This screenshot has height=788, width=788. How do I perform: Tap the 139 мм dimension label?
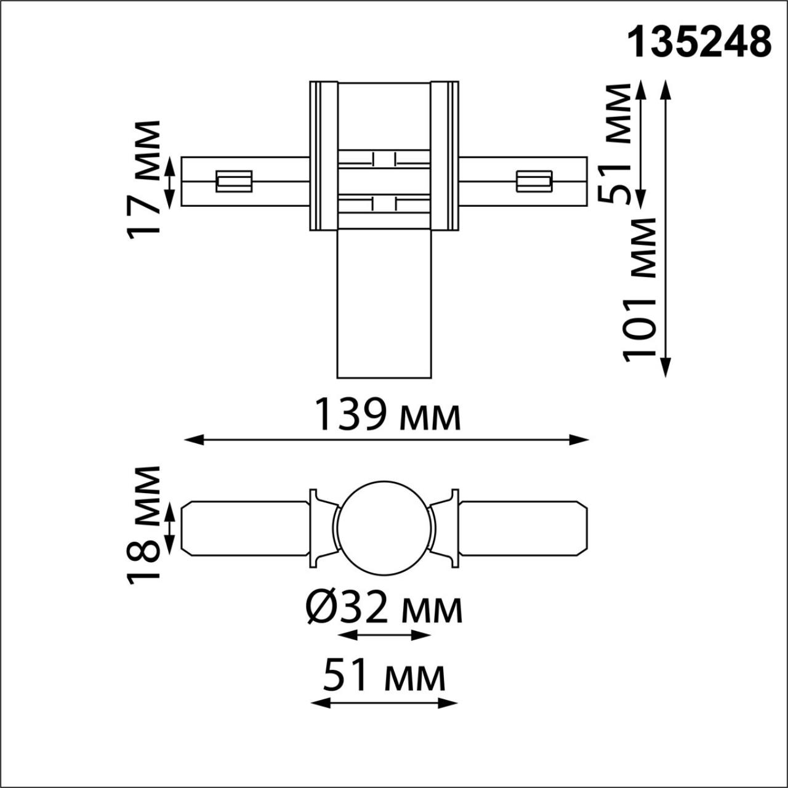coord(387,415)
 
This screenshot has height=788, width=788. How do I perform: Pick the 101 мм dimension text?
coord(640,289)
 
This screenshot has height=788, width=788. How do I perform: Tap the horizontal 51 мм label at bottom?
coord(384,676)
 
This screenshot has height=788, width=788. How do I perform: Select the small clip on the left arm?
coord(234,181)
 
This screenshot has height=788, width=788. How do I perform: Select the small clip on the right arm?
coord(533,181)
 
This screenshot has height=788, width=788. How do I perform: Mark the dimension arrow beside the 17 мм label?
coord(171,181)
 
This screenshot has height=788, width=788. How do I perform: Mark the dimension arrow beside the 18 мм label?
coord(171,528)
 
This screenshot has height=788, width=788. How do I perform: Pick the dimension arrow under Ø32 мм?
coord(384,635)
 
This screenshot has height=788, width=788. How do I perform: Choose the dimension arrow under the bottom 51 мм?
coord(384,702)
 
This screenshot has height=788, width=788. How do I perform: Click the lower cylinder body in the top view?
coord(384,304)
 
